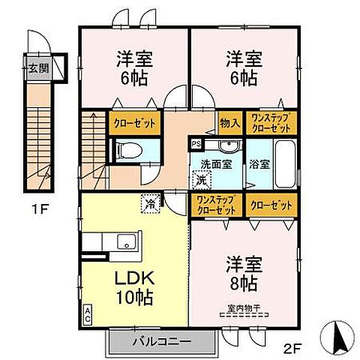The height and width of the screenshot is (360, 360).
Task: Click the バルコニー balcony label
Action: coord(162,341)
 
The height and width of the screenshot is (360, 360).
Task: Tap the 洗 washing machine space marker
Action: coord(200,179)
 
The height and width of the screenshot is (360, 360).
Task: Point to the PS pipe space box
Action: coord(196,143)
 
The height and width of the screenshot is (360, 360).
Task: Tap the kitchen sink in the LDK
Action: coord(125,241)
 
